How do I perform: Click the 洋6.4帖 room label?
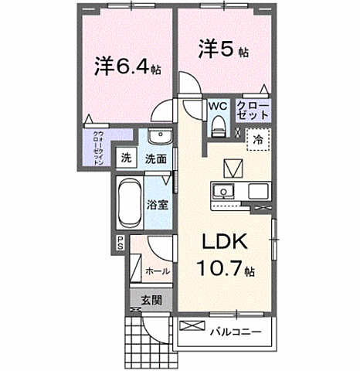pyautogui.click(x=128, y=67)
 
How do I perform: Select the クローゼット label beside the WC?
pyautogui.click(x=253, y=108)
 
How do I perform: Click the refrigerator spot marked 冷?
pyautogui.click(x=257, y=138)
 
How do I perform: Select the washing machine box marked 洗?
pyautogui.click(x=125, y=158)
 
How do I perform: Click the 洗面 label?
pyautogui.click(x=156, y=158)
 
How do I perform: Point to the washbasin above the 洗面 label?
pyautogui.click(x=158, y=135)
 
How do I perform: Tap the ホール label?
pyautogui.click(x=158, y=271)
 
